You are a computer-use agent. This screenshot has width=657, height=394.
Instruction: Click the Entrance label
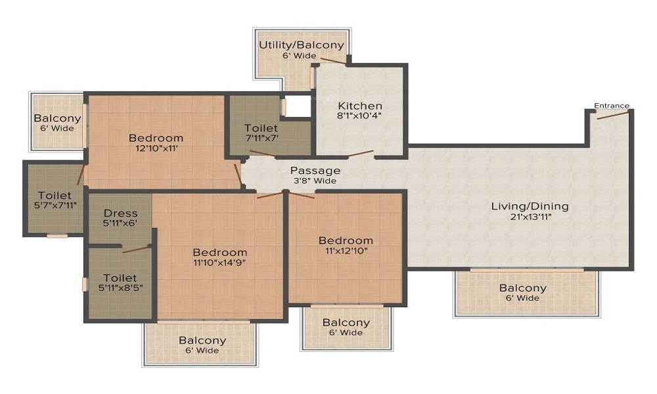(611, 106)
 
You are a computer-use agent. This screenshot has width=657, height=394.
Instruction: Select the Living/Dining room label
(530, 206)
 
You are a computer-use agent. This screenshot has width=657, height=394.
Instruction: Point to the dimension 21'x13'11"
(530, 217)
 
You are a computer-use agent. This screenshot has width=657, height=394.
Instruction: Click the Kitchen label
(359, 106)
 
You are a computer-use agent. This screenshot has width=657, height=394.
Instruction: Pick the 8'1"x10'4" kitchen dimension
(359, 116)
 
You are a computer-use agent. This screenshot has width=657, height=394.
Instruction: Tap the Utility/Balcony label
(301, 45)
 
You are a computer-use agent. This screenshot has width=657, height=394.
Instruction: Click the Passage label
(315, 171)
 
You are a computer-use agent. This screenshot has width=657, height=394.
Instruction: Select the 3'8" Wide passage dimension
(315, 181)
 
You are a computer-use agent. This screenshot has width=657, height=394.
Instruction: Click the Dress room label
(121, 213)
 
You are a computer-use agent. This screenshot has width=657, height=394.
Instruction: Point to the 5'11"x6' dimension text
(121, 223)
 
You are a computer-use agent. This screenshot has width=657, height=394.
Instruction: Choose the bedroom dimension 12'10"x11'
(156, 148)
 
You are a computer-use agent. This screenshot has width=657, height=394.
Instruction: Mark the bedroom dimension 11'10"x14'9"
(219, 263)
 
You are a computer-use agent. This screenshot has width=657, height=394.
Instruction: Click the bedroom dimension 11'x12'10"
(346, 251)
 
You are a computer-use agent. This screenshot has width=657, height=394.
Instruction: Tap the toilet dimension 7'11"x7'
(261, 138)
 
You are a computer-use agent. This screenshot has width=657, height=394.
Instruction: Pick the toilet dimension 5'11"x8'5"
(120, 288)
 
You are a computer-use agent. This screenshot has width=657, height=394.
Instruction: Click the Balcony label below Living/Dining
(522, 288)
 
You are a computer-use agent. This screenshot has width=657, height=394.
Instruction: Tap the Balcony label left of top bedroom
(58, 119)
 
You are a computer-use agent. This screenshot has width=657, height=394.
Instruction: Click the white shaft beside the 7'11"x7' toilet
(298, 106)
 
